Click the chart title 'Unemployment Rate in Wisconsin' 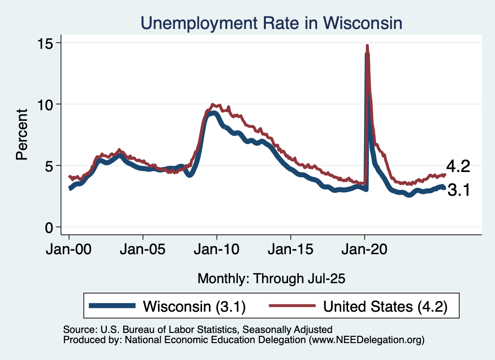271,23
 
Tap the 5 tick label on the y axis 50,166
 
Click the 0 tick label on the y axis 50,227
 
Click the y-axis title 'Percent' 22,135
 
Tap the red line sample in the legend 293,306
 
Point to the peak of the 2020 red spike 367,46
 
